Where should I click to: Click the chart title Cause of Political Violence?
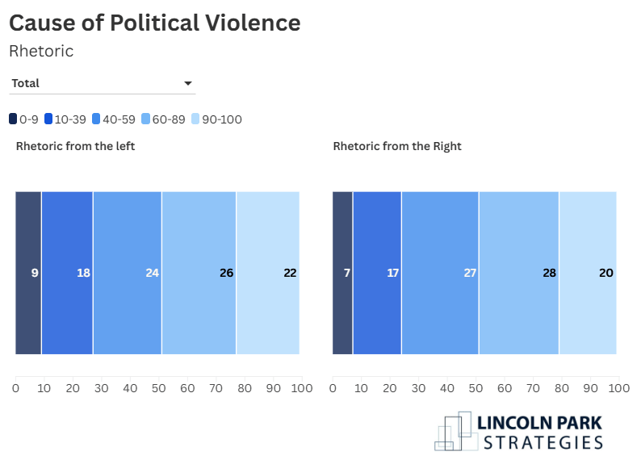click(154, 23)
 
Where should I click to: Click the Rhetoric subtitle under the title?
click(41, 51)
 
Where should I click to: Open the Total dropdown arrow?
click(188, 83)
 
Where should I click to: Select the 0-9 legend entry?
click(23, 119)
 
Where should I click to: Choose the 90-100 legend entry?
click(215, 119)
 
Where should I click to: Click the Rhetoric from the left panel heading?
click(75, 146)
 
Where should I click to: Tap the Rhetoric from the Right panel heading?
click(397, 146)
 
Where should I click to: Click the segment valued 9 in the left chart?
click(28, 273)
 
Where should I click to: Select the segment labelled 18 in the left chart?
click(67, 273)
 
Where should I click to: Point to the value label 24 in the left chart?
click(152, 273)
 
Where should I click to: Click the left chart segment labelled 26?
click(199, 273)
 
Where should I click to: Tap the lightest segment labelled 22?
click(268, 273)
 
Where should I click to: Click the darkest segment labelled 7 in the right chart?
click(342, 273)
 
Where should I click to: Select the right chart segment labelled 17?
click(377, 273)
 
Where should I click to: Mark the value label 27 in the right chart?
click(470, 273)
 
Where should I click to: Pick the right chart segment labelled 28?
click(519, 273)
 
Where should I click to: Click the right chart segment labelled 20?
click(588, 273)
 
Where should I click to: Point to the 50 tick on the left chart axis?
click(159, 389)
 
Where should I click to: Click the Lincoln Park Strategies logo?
click(519, 432)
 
